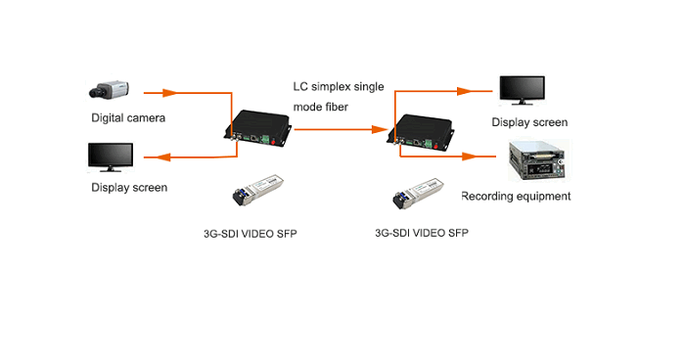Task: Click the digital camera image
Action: pos(110,90)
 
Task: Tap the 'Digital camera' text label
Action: pos(128,118)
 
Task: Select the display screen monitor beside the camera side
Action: pos(111,157)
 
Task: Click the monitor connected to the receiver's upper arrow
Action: pos(522,90)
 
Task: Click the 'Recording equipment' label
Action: pos(516,197)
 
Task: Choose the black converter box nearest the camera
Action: pos(257,128)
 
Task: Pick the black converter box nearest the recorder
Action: pos(420,133)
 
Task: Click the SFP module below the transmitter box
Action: pos(257,190)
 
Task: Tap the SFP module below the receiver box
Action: pos(418,193)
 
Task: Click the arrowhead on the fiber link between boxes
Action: pos(379,129)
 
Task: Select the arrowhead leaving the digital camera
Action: pos(169,93)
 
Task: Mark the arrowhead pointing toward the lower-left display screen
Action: pos(163,157)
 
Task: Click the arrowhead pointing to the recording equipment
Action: pos(469,156)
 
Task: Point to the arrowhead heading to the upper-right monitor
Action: pos(465,91)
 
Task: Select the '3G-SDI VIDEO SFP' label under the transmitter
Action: pos(251,234)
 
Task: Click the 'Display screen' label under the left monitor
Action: pos(129,188)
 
